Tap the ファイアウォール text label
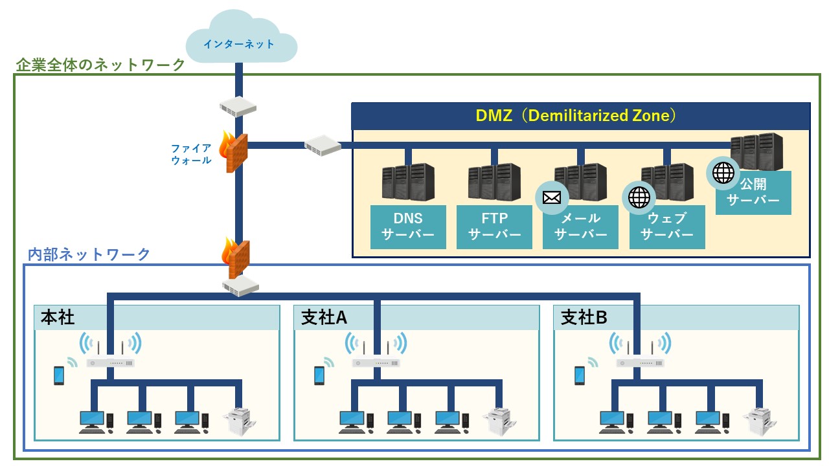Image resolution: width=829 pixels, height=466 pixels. pos(191,153)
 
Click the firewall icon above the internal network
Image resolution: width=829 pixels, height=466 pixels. pos(238,258)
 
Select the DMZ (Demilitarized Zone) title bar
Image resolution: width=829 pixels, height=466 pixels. pos(580,116)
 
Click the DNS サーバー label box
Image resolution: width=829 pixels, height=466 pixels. pos(408,227)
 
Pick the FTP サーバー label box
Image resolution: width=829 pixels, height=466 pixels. pos(494,227)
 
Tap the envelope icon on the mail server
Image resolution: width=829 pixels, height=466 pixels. pos(552,197)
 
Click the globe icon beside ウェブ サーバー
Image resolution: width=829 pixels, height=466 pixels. pos(639,197)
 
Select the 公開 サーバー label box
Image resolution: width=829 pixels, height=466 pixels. pos(753,192)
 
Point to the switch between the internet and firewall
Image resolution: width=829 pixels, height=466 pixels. pos(238,106)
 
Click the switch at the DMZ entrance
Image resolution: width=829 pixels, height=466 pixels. pos(323,145)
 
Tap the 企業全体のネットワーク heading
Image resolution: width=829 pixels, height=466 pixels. pos(100,65)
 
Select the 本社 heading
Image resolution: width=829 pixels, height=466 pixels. pos(58,317)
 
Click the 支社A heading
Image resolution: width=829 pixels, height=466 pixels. pos(324,317)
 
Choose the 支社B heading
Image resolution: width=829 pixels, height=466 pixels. pos(584,317)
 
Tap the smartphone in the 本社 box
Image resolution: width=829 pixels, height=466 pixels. pos(59,375)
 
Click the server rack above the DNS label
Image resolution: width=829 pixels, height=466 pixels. pos(407,183)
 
